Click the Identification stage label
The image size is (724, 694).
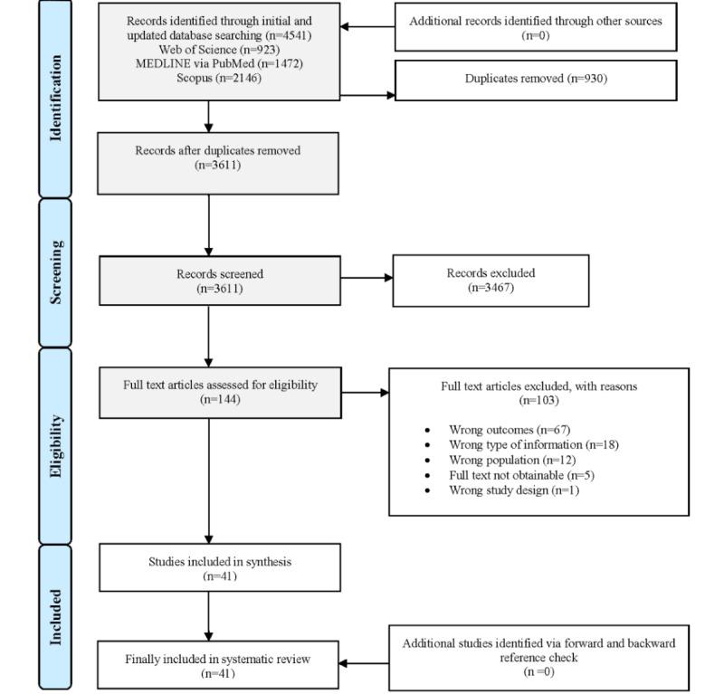[x=56, y=98]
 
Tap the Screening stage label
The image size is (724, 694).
[x=56, y=271]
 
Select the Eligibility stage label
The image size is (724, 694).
[x=56, y=445]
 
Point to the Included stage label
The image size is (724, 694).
[x=56, y=617]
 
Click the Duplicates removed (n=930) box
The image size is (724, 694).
[x=536, y=80]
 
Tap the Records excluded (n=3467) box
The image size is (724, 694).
[x=491, y=280]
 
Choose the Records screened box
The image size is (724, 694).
[x=220, y=281]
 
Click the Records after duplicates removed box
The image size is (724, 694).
[x=217, y=163]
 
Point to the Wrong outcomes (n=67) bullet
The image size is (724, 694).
[x=509, y=429]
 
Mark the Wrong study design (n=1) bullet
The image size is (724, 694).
[x=513, y=490]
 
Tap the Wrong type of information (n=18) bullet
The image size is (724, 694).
[x=533, y=444]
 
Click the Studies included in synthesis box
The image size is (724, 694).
[x=219, y=567]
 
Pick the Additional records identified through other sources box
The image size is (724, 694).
[x=536, y=26]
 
